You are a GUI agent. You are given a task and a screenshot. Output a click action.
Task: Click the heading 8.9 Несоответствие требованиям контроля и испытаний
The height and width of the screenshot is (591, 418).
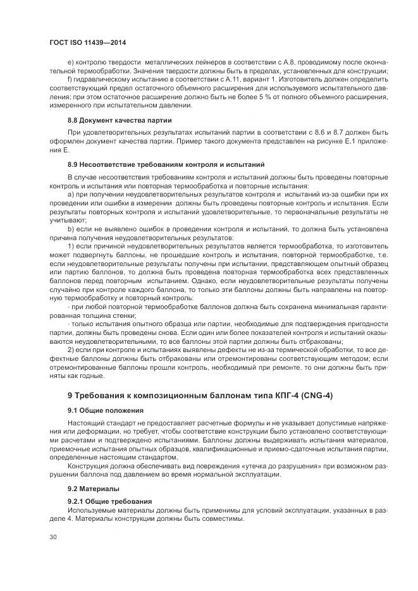point(166,164)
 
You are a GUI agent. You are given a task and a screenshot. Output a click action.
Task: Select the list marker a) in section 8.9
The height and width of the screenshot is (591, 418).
point(71,194)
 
